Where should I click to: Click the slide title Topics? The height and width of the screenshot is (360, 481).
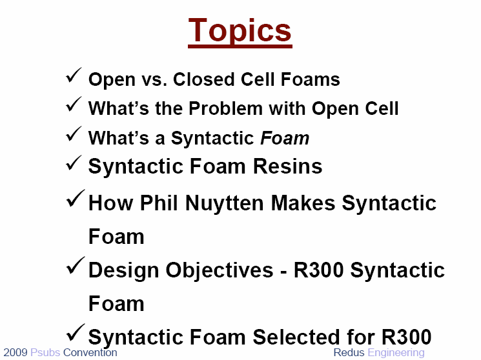(240, 31)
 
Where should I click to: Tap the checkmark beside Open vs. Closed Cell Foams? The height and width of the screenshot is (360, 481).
(74, 75)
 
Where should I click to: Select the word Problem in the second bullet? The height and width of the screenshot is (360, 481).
(225, 108)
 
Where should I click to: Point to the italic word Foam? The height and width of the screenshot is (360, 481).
(285, 138)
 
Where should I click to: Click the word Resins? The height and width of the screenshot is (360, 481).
(287, 166)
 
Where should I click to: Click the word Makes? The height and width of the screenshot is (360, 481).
(303, 203)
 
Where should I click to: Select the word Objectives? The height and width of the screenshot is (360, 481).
(220, 271)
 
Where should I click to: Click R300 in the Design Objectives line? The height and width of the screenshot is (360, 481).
(318, 270)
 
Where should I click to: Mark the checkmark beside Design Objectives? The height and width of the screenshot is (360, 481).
(75, 265)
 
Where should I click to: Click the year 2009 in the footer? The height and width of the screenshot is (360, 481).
(15, 353)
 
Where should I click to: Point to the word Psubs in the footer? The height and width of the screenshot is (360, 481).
(45, 353)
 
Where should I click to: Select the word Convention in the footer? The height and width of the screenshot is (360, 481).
(90, 353)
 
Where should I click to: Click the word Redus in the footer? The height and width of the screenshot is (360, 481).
(349, 353)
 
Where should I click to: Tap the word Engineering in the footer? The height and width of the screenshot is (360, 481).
(396, 354)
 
